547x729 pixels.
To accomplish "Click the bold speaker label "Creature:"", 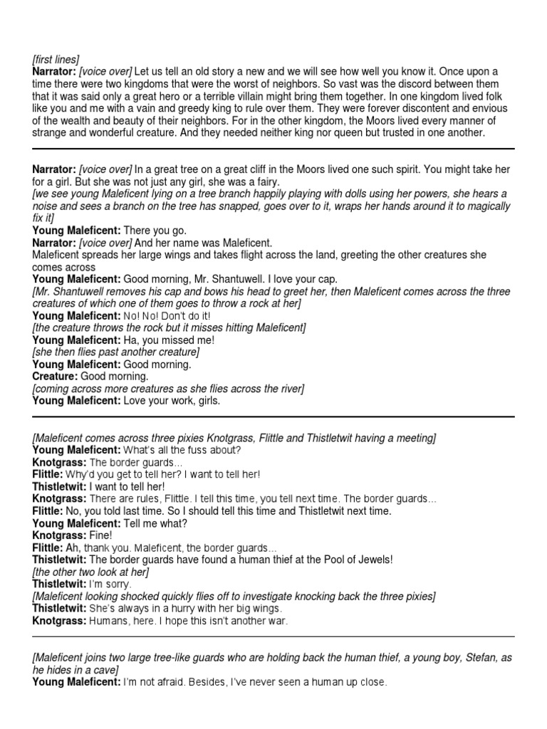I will [55, 376].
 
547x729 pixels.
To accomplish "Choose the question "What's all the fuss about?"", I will [182, 449].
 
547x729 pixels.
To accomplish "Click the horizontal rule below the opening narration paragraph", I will [273, 149].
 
